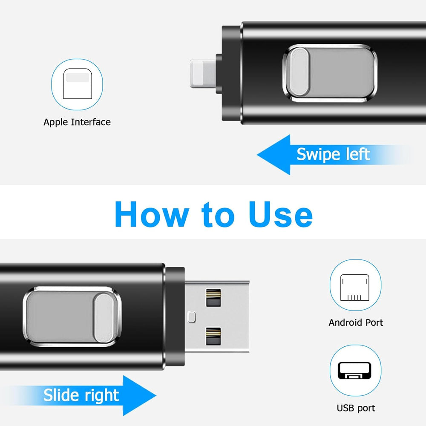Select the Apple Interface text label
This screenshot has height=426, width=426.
(x=77, y=122)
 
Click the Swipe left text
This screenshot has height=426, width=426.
(x=333, y=154)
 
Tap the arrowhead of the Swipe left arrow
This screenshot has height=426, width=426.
(x=273, y=154)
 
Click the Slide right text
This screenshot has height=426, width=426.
(x=81, y=395)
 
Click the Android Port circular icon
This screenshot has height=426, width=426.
(x=355, y=285)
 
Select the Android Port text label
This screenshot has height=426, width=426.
(x=356, y=322)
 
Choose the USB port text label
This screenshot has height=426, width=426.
(x=356, y=408)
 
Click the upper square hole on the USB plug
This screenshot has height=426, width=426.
(x=213, y=298)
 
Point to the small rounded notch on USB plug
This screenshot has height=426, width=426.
(x=191, y=317)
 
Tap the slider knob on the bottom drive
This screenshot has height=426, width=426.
(x=105, y=317)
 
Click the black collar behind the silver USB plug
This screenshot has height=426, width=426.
(x=175, y=316)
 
